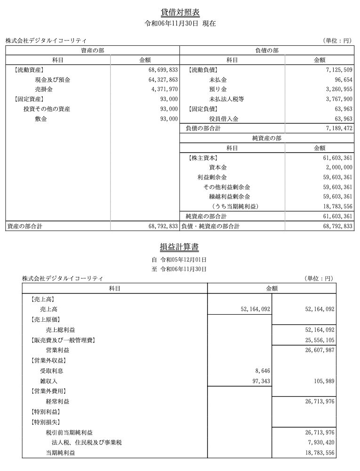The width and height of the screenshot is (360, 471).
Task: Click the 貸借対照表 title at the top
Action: (x=180, y=12)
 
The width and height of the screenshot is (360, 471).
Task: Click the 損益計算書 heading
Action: (x=180, y=247)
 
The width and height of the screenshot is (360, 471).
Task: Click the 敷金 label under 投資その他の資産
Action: (x=41, y=119)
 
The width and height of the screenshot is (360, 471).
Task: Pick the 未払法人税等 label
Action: (x=226, y=99)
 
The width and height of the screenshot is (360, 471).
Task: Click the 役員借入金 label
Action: (x=224, y=119)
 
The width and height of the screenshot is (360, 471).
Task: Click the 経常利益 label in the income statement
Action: (x=58, y=401)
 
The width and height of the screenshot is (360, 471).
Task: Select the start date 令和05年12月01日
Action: (x=184, y=260)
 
